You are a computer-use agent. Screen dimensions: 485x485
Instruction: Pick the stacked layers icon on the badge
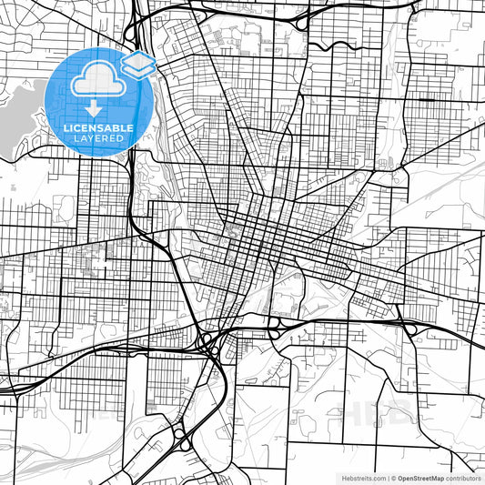tap(137, 64)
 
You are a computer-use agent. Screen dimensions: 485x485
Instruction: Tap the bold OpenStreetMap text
tap(420, 478)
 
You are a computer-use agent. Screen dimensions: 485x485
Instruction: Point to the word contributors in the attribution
tap(463, 478)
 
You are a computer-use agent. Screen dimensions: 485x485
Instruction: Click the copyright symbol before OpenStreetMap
tap(394, 478)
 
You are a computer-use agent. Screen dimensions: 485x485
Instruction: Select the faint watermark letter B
tap(408, 415)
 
